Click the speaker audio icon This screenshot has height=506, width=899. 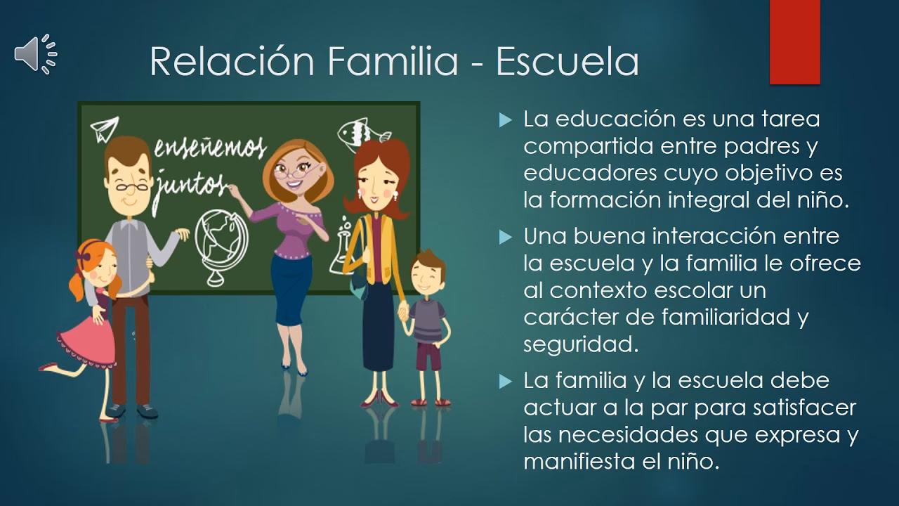(35, 54)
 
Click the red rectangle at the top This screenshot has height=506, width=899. (794, 42)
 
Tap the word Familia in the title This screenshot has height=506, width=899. (393, 62)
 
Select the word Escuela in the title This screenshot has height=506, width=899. (567, 62)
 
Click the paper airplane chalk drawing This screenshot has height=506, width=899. (104, 129)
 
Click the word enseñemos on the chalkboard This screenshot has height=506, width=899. (209, 148)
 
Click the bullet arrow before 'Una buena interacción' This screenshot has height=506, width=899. (504, 238)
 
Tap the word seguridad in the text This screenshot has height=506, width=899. (579, 344)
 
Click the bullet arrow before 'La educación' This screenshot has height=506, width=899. (504, 120)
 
